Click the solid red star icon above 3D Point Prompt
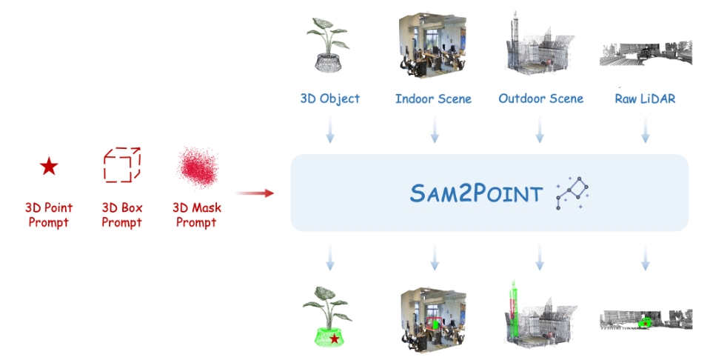pos(49,167)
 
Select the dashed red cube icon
pos(121,164)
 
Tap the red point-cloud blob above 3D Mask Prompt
pos(196,167)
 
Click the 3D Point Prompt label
pos(48,215)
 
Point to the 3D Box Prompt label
pos(121,215)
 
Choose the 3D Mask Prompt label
pos(196,215)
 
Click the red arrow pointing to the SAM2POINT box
pos(259,193)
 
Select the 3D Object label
pos(330,99)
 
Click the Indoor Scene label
pos(433,99)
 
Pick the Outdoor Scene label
pos(540,99)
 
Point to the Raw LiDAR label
pos(645,99)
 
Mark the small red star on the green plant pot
pos(335,339)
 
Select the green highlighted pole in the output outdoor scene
pos(511,310)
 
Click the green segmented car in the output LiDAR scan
pos(645,323)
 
